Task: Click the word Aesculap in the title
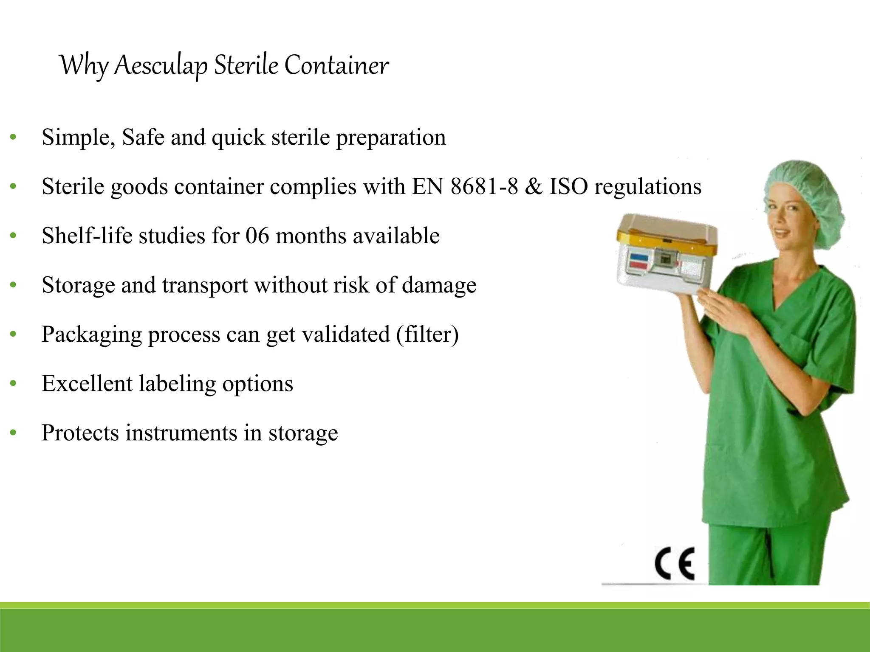coord(161,66)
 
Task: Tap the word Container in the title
coord(336,66)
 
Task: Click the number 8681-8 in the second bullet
coord(484,186)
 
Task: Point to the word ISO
coord(569,186)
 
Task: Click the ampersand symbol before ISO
coord(534,186)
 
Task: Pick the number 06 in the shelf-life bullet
coord(257,236)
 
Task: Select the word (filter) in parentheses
coord(427,334)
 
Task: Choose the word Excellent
coord(87,383)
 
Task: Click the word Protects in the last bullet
coord(80,433)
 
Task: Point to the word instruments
coord(181,433)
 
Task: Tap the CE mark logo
coord(675,564)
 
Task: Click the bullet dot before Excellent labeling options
coord(13,384)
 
